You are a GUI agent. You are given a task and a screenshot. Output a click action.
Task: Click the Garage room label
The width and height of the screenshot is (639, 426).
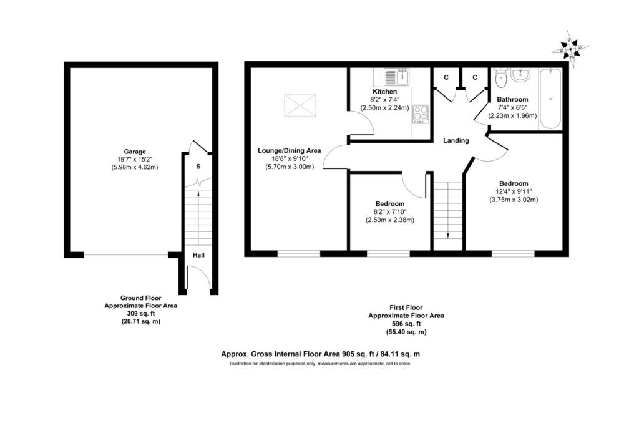tap(134, 152)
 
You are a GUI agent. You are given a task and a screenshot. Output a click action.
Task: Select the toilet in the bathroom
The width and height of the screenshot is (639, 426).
tap(500, 79)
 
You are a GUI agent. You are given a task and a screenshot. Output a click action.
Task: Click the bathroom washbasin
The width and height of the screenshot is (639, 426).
tap(520, 75)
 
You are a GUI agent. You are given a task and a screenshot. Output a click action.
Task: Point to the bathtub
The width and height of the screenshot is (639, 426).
tap(550, 99)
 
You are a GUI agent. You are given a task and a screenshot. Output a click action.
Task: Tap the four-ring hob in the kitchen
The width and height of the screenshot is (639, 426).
tap(421, 114)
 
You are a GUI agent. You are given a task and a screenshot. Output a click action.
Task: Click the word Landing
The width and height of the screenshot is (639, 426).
tap(456, 140)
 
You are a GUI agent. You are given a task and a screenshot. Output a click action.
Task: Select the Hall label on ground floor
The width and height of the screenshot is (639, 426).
tap(198, 255)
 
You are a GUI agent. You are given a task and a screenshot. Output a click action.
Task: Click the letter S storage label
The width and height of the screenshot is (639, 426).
tap(198, 167)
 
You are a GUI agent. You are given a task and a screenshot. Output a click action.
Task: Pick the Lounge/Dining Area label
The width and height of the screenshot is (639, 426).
tap(290, 150)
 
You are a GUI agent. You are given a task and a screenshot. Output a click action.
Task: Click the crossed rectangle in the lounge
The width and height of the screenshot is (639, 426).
tap(300, 105)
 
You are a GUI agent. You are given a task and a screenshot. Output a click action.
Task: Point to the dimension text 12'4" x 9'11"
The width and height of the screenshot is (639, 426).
tap(514, 191)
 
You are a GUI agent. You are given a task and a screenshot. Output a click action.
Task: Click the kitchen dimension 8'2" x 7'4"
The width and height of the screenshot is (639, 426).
tap(385, 99)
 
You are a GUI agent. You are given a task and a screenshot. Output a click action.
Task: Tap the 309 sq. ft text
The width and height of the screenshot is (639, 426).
tap(140, 314)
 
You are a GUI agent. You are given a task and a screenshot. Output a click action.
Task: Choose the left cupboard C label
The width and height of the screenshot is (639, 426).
tap(446, 77)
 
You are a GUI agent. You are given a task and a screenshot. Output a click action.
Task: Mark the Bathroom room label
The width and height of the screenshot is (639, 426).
tap(512, 99)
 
